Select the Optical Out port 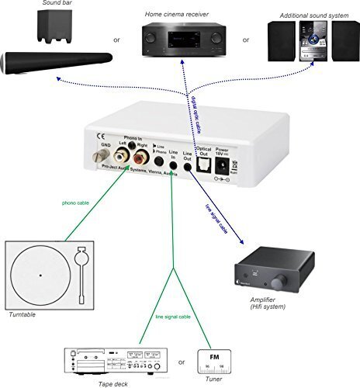[205, 164]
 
